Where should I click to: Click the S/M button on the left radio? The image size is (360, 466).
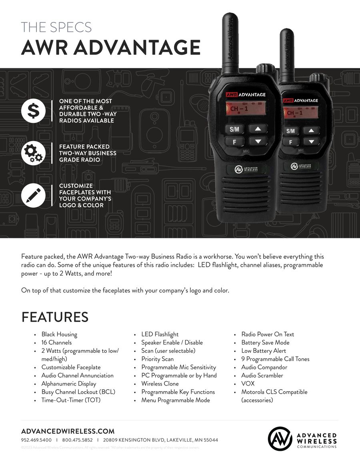tap(234, 129)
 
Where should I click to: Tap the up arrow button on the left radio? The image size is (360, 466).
tap(258, 129)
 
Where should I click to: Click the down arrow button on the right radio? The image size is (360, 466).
tap(311, 142)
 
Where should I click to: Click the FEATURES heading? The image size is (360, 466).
tap(55, 317)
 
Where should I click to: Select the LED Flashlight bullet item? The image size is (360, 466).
tap(160, 334)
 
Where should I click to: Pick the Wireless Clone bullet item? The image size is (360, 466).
tap(160, 384)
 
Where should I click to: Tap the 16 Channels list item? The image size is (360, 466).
tap(56, 342)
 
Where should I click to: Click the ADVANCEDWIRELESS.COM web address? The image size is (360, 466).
tap(68, 431)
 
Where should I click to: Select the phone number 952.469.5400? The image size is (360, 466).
tap(36, 440)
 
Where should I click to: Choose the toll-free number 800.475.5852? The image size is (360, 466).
tap(77, 440)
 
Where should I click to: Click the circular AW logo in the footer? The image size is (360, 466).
tap(280, 439)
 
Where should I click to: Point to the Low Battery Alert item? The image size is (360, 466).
tap(264, 351)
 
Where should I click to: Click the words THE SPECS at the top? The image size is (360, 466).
tap(56, 28)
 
